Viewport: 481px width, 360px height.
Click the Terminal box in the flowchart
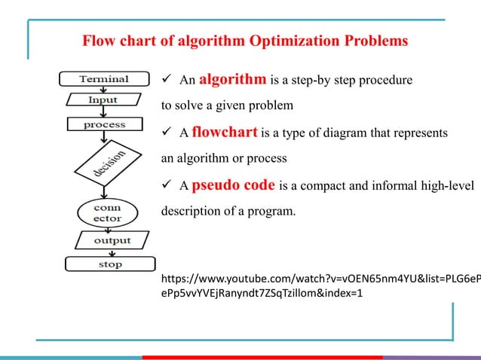[x=104, y=78]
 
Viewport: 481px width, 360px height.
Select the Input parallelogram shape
[x=103, y=99]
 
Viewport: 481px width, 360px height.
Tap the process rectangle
[x=104, y=124]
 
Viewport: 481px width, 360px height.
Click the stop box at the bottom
[x=110, y=264]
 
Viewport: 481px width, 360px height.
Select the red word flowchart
[x=225, y=133]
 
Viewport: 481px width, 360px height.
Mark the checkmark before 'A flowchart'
[x=168, y=134]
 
